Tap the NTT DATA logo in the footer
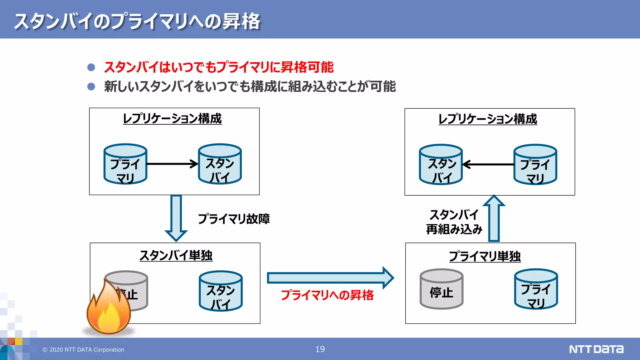coord(596,349)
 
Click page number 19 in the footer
coord(320,349)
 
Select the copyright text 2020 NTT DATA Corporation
coord(83,350)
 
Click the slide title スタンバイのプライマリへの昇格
coord(137,21)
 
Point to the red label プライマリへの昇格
coord(327,295)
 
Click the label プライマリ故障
coord(234,219)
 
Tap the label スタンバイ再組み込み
coord(454,222)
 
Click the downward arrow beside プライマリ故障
coord(176,218)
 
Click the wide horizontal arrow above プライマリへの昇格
coord(330,278)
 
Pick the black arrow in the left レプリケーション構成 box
coord(172,164)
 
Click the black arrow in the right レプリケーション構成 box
coord(488,164)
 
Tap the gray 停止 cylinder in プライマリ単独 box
coord(441,289)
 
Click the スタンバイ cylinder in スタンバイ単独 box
coord(221,291)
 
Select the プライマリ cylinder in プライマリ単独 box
coord(536,289)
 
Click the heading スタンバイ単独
coord(176,256)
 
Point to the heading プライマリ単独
coord(485,256)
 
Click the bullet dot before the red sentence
coord(91,67)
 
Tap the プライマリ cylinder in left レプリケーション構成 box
coord(125,164)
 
